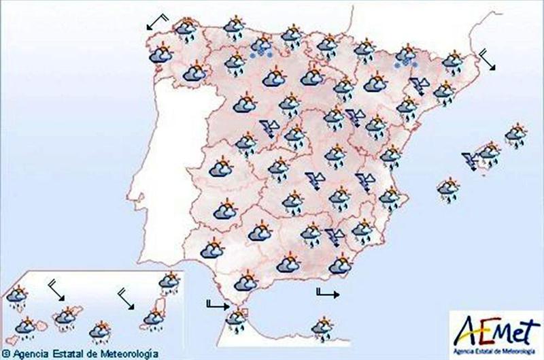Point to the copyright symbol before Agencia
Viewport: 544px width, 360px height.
(6, 354)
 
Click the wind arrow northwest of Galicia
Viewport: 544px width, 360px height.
(156, 22)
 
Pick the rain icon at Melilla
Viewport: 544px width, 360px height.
(320, 327)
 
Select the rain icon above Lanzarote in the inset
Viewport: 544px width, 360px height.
(169, 281)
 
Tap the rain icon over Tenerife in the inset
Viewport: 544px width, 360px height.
(66, 317)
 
